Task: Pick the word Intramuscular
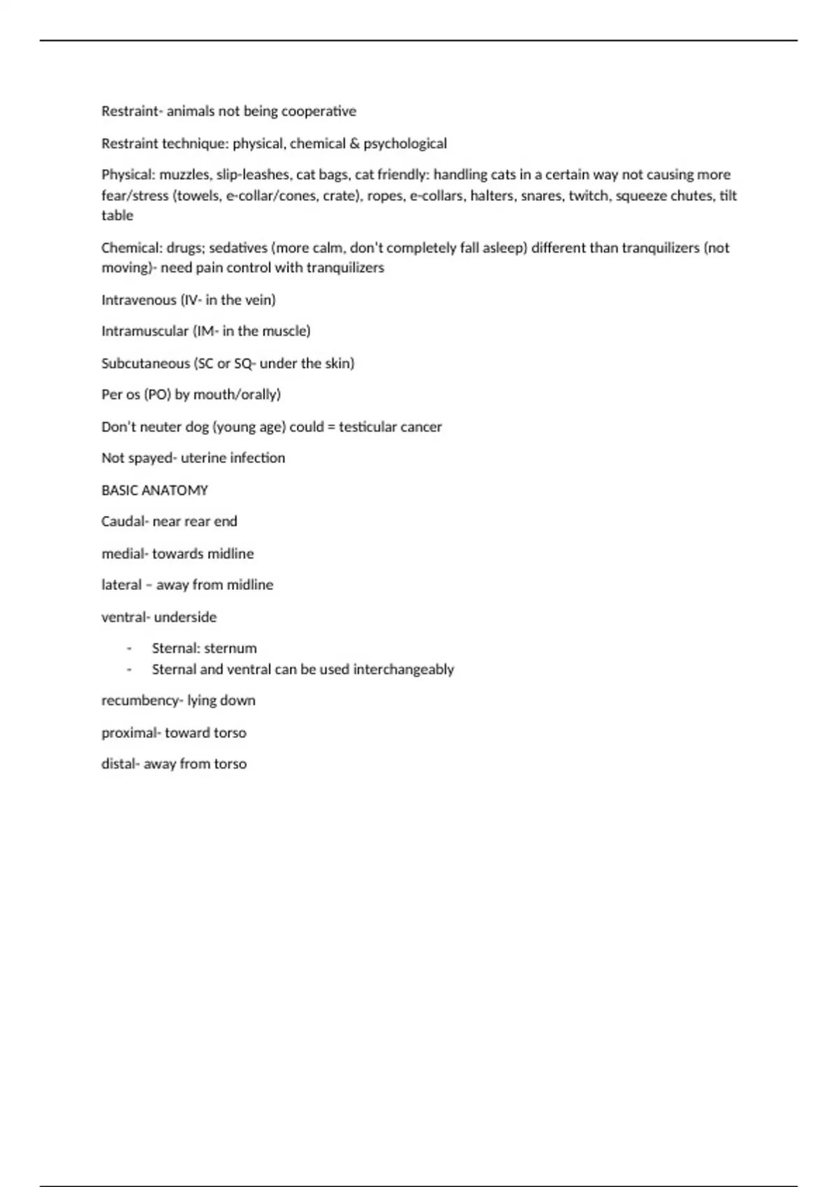[x=145, y=331]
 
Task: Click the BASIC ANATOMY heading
[x=154, y=490]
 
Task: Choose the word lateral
[x=122, y=585]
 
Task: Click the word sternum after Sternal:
[x=230, y=649]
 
